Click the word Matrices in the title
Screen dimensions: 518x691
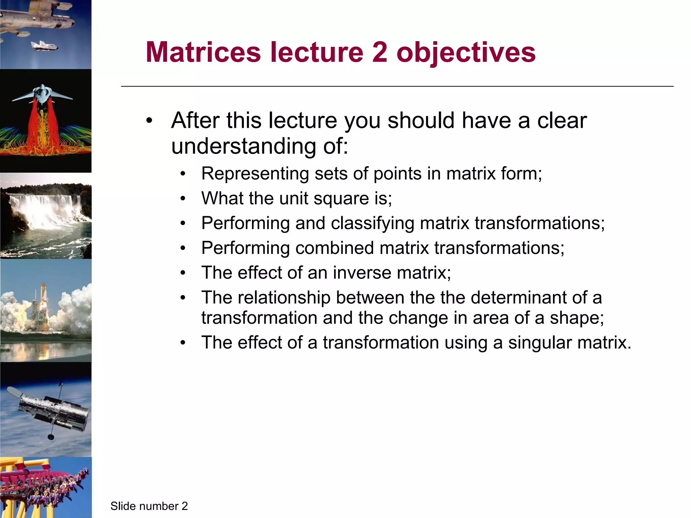(203, 52)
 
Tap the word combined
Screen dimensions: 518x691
(334, 248)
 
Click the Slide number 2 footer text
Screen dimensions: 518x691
(149, 506)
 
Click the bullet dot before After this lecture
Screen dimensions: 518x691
(149, 120)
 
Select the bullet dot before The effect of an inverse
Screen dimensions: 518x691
(183, 273)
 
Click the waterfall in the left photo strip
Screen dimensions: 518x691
(40, 209)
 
